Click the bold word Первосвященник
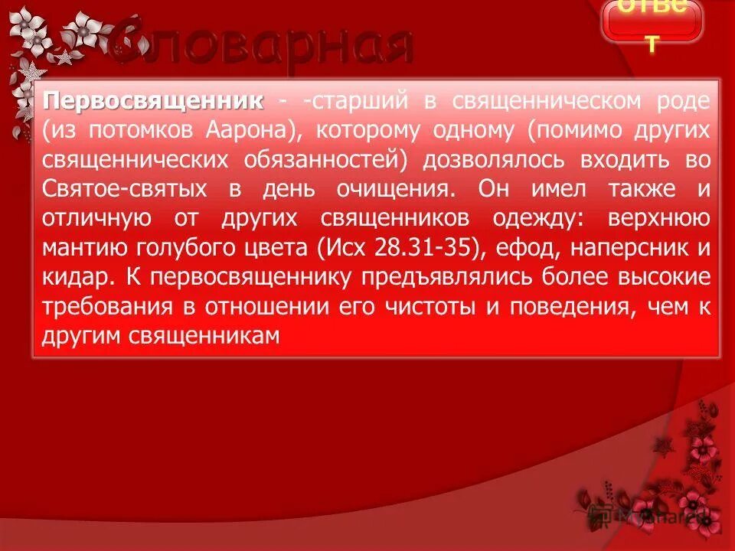(x=153, y=102)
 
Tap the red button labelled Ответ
(x=652, y=21)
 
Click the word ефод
(x=524, y=248)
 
